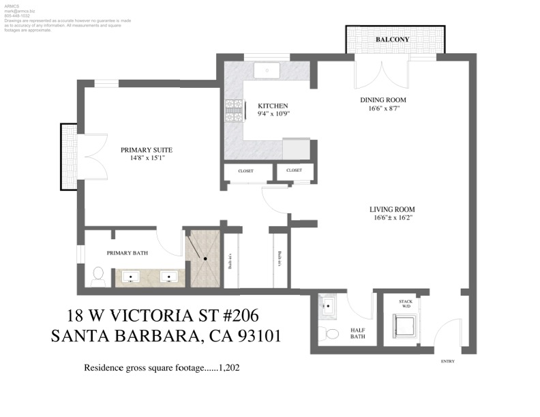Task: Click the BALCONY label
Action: (393, 40)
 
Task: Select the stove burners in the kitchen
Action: (234, 110)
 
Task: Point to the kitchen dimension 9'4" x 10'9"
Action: (273, 114)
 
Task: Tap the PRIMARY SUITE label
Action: (146, 149)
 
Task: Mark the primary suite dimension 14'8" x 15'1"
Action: (146, 158)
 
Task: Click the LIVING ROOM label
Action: (392, 209)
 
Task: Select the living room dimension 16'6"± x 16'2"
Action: (392, 218)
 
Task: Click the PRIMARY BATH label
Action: (127, 253)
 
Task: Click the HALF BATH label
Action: (358, 333)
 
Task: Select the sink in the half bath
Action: (329, 307)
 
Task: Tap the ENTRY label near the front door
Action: (448, 361)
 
